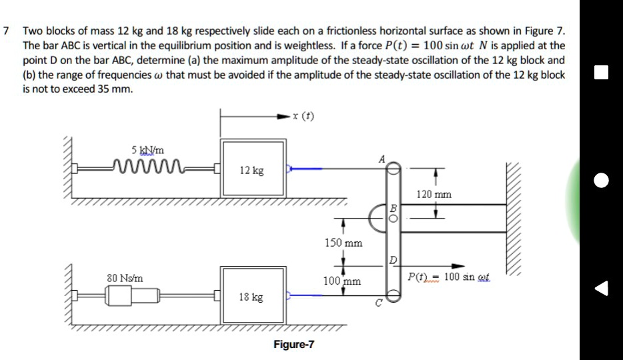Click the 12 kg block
(252, 169)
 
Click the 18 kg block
(252, 296)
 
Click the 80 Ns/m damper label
(124, 276)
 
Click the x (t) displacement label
(303, 116)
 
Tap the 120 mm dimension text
(434, 195)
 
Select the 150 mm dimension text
(344, 243)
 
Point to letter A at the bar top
(381, 158)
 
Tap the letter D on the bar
(394, 259)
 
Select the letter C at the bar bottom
(380, 305)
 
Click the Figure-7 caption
(293, 345)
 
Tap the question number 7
(6, 31)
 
